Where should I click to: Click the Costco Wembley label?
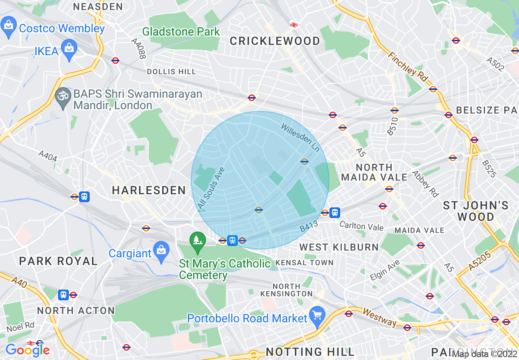[62, 29]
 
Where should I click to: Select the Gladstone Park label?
[181, 32]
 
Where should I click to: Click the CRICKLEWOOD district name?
[275, 41]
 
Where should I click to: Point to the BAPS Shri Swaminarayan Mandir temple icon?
[63, 96]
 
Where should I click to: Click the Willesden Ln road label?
[300, 138]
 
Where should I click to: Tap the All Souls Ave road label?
[211, 189]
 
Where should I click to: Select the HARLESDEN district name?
[149, 190]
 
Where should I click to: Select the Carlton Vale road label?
[361, 226]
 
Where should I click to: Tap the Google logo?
[27, 350]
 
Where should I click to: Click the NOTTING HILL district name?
[310, 352]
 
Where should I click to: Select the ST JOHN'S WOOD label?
[476, 211]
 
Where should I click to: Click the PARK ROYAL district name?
[59, 261]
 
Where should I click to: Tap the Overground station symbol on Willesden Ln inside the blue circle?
[304, 162]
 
